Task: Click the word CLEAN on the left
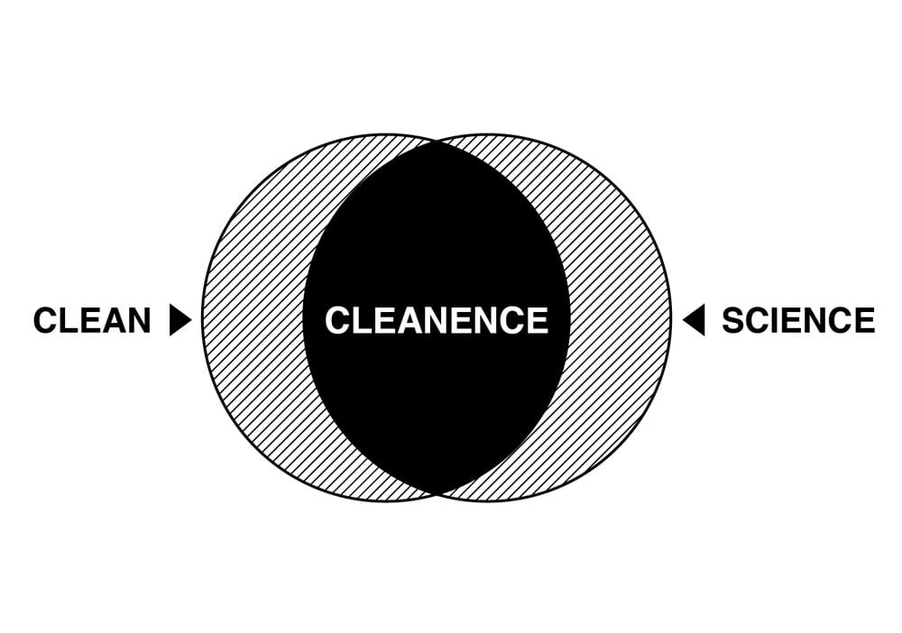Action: (x=92, y=321)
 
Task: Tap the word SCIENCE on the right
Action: (x=798, y=321)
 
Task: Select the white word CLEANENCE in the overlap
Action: (x=437, y=321)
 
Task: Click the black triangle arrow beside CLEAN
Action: (x=179, y=320)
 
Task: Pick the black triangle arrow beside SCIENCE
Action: (x=694, y=320)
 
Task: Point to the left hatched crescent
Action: (x=253, y=320)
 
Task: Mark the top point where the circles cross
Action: (x=437, y=142)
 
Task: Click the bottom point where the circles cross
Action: (x=437, y=493)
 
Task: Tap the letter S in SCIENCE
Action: (x=734, y=321)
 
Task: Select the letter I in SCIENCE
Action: (x=777, y=321)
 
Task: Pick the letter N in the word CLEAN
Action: (x=138, y=321)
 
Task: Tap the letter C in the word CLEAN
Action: (x=45, y=321)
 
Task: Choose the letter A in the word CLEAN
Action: (x=112, y=321)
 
